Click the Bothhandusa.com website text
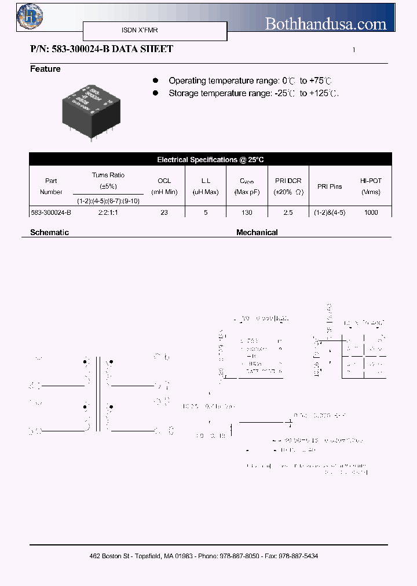pyautogui.click(x=325, y=24)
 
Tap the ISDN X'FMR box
pyautogui.click(x=155, y=31)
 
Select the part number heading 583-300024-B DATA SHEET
pyautogui.click(x=101, y=49)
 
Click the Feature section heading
pyautogui.click(x=45, y=69)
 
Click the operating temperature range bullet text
pyautogui.click(x=251, y=81)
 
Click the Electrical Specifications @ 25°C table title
pyautogui.click(x=210, y=159)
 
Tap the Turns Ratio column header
pyautogui.click(x=108, y=175)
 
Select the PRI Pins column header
pyautogui.click(x=330, y=186)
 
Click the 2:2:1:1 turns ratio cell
pyautogui.click(x=108, y=213)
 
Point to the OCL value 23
pyautogui.click(x=164, y=213)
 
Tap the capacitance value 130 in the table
pyautogui.click(x=247, y=213)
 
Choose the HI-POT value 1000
pyautogui.click(x=371, y=213)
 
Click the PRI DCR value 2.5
pyautogui.click(x=288, y=213)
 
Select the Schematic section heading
pyautogui.click(x=49, y=232)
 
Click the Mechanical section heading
pyautogui.click(x=257, y=232)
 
